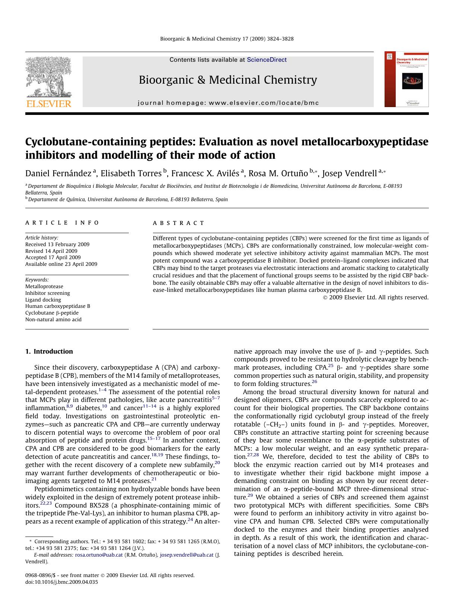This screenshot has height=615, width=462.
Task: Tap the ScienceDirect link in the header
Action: click(267, 59)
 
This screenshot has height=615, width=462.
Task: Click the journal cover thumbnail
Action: click(407, 80)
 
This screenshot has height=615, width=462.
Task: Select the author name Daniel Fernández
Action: click(58, 173)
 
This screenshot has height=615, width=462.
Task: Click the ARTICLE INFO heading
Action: click(62, 223)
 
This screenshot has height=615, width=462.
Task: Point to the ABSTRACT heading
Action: click(178, 223)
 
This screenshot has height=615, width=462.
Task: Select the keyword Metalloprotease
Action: click(44, 286)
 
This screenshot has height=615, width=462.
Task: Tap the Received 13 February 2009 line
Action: click(57, 244)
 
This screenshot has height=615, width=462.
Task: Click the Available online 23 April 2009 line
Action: click(61, 264)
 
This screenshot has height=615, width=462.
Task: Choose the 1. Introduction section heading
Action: click(49, 351)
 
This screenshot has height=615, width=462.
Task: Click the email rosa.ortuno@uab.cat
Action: click(99, 555)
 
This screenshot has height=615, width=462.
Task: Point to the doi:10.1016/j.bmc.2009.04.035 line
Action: click(61, 582)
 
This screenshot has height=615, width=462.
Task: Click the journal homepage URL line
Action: click(228, 103)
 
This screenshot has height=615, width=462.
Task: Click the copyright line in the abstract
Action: click(376, 297)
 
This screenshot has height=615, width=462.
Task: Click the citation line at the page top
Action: click(227, 39)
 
